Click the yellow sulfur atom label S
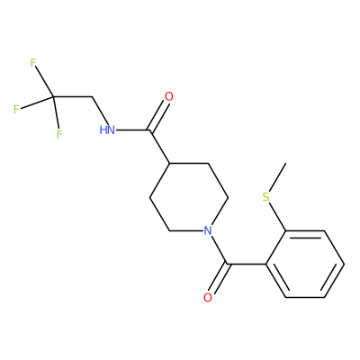tap(266, 197)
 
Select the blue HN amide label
tap(107, 130)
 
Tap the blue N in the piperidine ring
tap(208, 230)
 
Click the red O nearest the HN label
tap(169, 96)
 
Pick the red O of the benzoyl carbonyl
tap(208, 297)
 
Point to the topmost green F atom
tap(33, 63)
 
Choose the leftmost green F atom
tap(16, 110)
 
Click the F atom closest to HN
tap(59, 134)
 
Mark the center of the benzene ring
tap(305, 264)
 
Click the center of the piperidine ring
tap(189, 197)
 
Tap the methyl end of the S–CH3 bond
tap(285, 164)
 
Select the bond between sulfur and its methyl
tap(277, 177)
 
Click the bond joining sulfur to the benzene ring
tap(277, 217)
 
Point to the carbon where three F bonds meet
tap(53, 96)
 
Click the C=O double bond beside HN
tap(158, 116)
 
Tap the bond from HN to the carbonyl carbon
tap(133, 130)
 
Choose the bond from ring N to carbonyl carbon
tap(218, 249)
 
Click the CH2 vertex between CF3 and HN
tap(92, 96)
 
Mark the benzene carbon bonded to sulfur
tap(285, 230)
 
